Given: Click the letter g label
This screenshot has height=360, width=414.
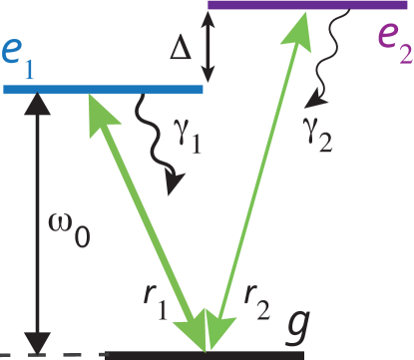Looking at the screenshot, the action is [296, 325].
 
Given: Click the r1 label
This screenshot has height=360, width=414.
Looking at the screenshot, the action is [155, 302].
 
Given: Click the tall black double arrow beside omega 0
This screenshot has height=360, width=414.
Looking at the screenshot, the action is [36, 219].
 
